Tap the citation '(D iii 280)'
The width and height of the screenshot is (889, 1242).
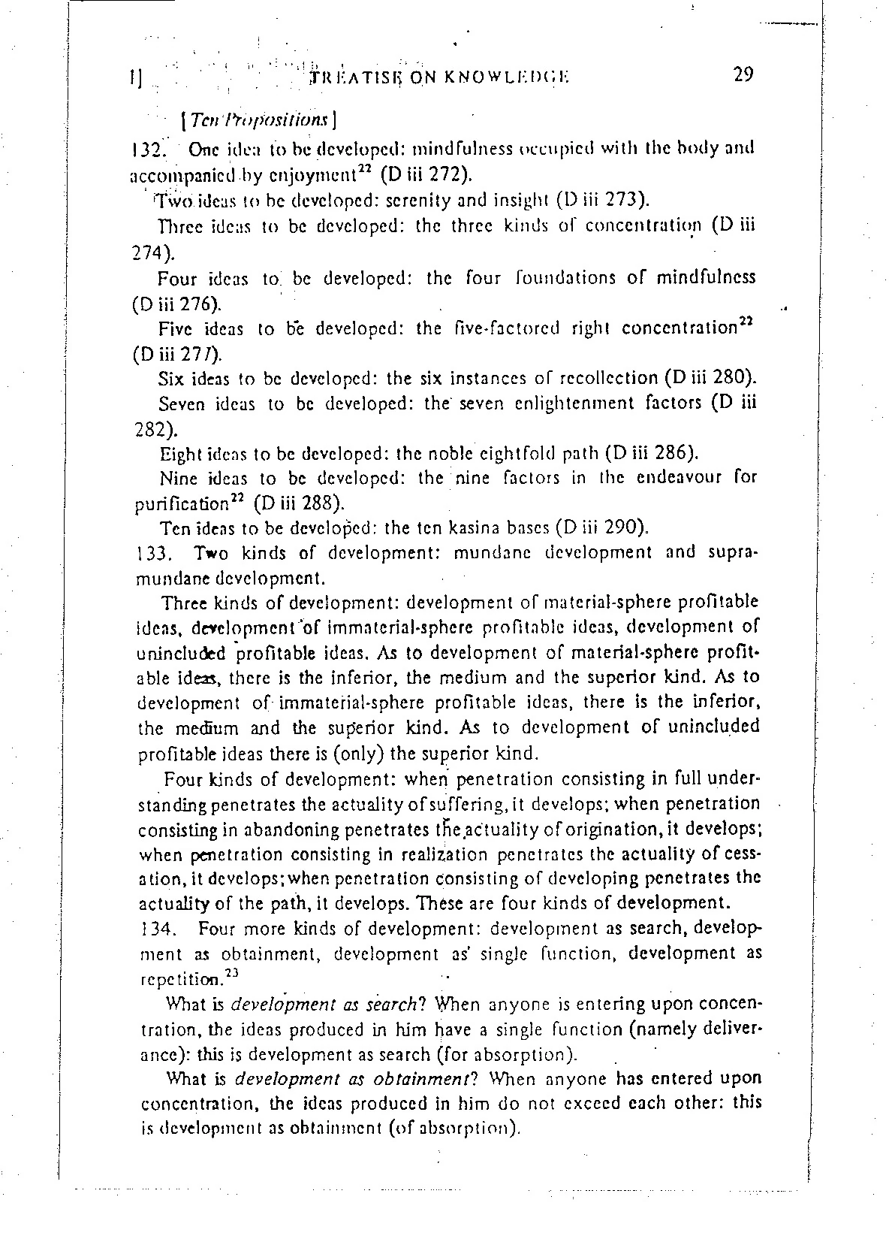coord(710,377)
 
